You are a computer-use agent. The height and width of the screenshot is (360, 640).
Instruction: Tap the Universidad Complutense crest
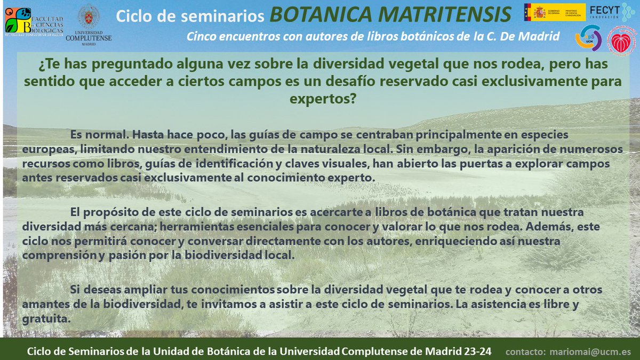88,17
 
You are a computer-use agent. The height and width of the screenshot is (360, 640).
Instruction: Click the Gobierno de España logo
554,12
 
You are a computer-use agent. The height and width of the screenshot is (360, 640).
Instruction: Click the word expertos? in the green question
323,99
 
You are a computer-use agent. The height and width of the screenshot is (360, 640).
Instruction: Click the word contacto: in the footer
526,352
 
